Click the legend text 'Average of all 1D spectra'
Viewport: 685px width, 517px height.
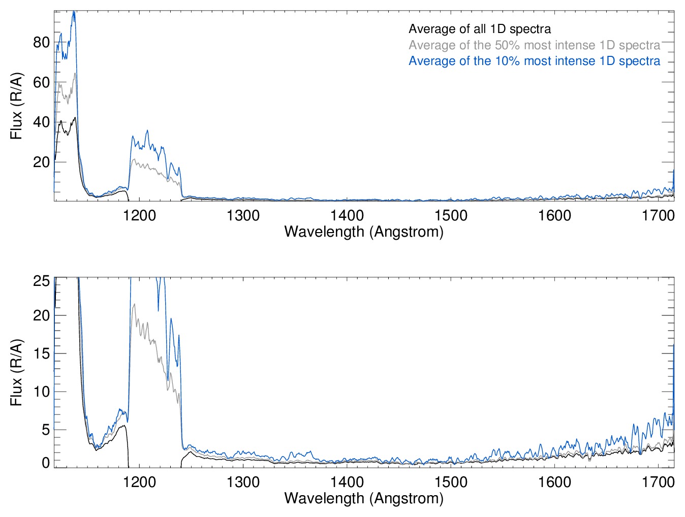click(x=479, y=29)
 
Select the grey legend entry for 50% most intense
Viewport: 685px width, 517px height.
click(x=534, y=45)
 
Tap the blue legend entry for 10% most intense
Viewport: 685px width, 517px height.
click(x=534, y=61)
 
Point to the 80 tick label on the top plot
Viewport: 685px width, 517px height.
click(x=41, y=42)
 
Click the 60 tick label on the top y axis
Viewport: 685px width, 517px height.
click(x=41, y=82)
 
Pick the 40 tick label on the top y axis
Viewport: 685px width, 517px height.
click(x=41, y=122)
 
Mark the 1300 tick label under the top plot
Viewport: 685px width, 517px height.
click(x=243, y=215)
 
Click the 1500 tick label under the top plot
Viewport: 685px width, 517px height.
click(x=451, y=215)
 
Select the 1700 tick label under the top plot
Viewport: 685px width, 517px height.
click(x=658, y=215)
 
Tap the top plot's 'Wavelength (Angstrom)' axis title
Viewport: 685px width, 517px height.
click(x=364, y=232)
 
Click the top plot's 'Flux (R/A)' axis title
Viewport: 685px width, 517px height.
click(x=16, y=106)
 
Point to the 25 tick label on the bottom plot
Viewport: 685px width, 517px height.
click(x=41, y=281)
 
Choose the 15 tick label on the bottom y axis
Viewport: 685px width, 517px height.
click(x=41, y=353)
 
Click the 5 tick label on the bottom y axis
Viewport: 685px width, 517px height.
click(x=46, y=430)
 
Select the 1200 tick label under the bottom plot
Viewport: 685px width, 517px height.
click(x=139, y=481)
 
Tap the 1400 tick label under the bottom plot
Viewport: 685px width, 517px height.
click(x=347, y=481)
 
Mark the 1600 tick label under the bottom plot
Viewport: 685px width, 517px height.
click(x=554, y=481)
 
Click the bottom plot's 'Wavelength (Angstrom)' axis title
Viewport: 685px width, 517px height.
click(x=364, y=498)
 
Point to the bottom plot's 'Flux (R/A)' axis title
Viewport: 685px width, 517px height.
click(x=16, y=372)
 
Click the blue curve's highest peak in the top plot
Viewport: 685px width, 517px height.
click(x=74, y=12)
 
